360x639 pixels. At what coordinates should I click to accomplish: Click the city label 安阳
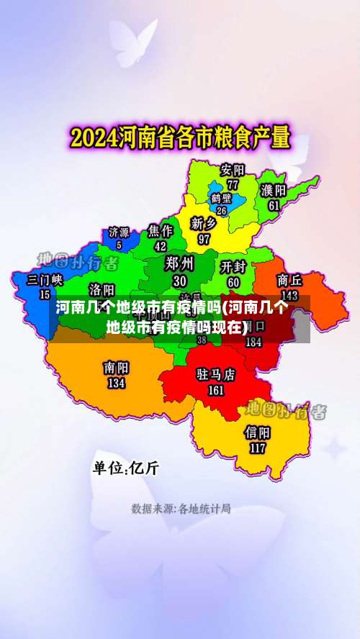pos(233,171)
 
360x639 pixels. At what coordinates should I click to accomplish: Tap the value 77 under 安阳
pos(233,184)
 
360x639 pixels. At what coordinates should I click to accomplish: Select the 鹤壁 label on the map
pos(221,198)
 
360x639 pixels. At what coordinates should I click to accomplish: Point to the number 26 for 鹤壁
pos(221,211)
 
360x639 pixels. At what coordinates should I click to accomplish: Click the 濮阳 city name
pos(274,191)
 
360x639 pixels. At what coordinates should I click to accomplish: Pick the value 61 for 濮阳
pos(274,205)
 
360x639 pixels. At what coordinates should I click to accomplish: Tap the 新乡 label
pos(204,222)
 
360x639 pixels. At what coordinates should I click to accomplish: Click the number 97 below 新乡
pos(204,238)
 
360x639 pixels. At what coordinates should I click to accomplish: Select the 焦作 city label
pos(161,230)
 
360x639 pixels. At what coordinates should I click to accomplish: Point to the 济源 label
pos(119,232)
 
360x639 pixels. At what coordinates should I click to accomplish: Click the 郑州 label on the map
pos(179,263)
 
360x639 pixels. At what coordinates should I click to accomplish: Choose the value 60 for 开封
pos(234,282)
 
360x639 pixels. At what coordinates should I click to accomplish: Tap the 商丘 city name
pos(289,280)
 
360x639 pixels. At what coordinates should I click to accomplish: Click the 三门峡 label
pos(45,279)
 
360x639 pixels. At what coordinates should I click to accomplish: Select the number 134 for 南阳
pos(116,383)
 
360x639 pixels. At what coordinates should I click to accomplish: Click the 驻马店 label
pos(216,375)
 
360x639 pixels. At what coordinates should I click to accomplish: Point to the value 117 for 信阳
pos(258,447)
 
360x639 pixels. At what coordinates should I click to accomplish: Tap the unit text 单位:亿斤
pos(125,468)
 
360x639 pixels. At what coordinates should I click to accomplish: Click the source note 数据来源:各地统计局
pos(181,509)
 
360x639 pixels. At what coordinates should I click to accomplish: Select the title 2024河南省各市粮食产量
pos(179,136)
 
